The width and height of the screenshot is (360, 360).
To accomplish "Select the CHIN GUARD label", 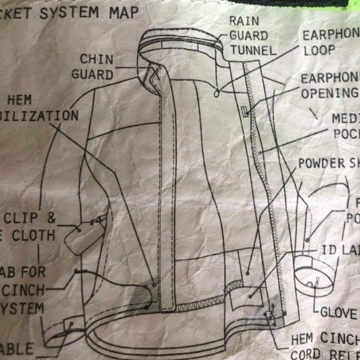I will pos(96,66).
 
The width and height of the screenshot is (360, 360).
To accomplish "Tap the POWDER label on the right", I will pos(322,163).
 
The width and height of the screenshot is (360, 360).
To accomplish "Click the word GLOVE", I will pos(339,312).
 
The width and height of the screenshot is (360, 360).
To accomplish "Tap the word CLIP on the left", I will pos(25,218).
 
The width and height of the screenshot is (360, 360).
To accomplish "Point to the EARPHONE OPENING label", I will pos(329,86).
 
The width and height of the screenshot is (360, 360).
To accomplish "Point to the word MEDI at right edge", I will pos(345,119).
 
